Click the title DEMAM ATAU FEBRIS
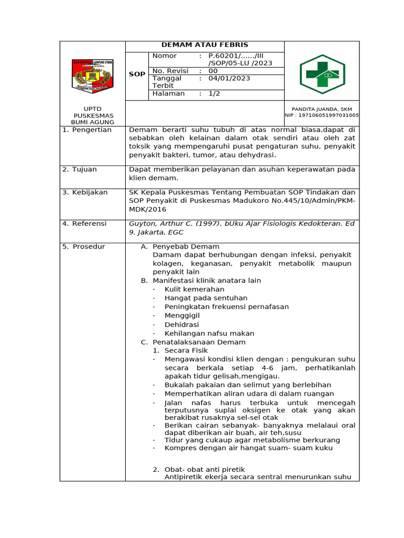[x=205, y=45]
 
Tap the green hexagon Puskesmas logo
[x=322, y=74]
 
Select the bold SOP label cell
[x=137, y=75]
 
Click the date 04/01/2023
[x=229, y=78]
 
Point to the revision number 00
[x=213, y=71]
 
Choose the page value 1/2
[x=214, y=94]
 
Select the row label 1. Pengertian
[x=87, y=130]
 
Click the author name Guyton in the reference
[x=142, y=224]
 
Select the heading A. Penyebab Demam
[x=180, y=246]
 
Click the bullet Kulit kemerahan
[x=194, y=289]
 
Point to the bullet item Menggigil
[x=182, y=316]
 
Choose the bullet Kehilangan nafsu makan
[x=209, y=333]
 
